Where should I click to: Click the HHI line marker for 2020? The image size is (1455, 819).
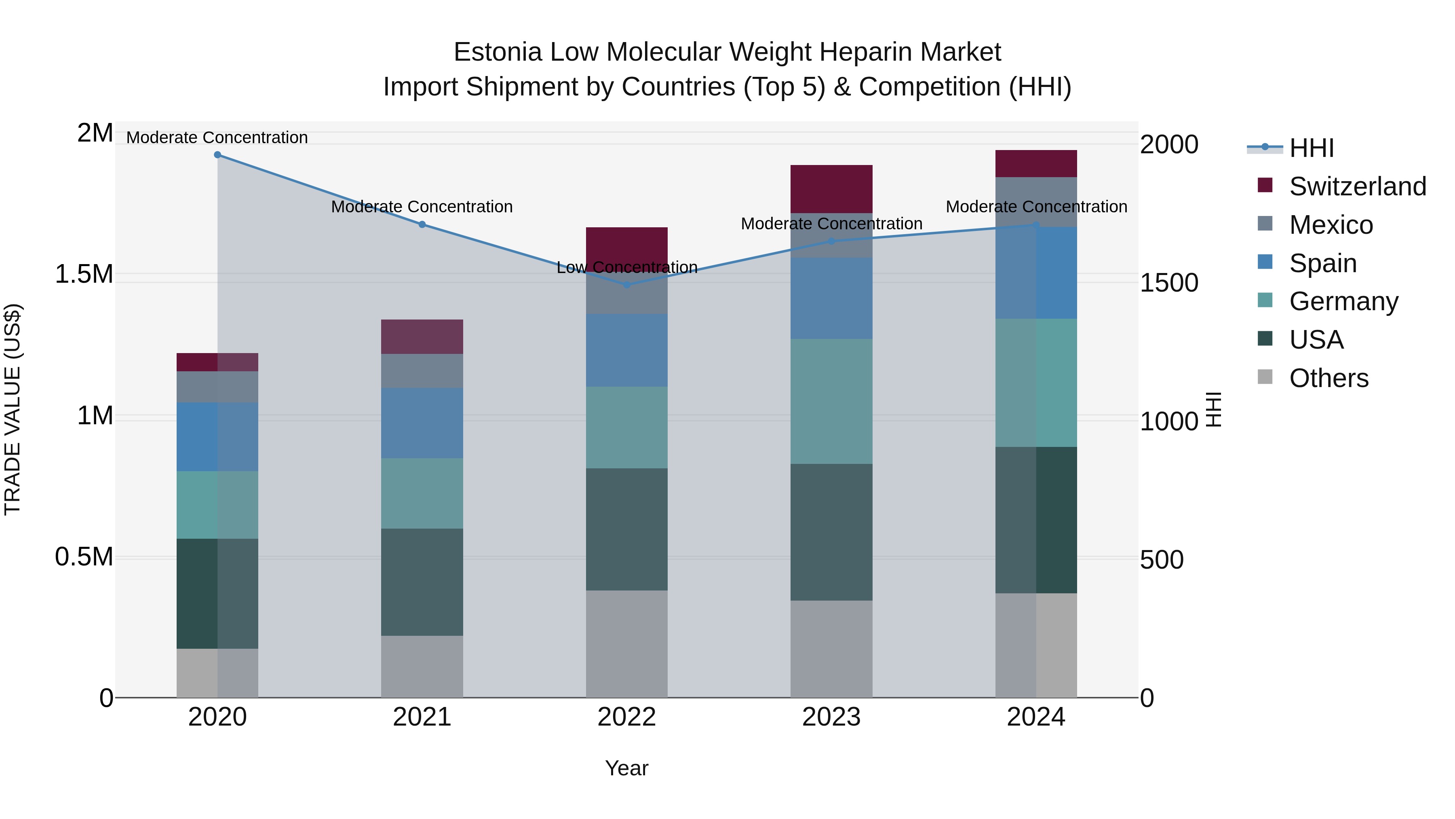(x=217, y=155)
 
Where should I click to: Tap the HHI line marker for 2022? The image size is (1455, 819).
(x=627, y=285)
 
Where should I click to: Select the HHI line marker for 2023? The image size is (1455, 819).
(x=831, y=241)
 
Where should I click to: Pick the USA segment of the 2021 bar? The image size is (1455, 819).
(x=422, y=582)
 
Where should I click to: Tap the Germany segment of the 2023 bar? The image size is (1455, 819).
(x=831, y=401)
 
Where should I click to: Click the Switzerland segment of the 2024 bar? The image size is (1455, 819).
(x=1036, y=164)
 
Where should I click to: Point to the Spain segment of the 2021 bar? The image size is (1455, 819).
(x=422, y=423)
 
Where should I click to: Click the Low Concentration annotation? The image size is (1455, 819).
(x=627, y=267)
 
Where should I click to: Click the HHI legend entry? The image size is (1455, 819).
(x=1310, y=148)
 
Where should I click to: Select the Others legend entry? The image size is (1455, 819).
(x=1328, y=378)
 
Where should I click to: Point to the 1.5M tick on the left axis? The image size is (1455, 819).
(x=84, y=275)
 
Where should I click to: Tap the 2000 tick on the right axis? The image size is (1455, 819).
(x=1168, y=145)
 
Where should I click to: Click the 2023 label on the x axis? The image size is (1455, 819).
(x=831, y=717)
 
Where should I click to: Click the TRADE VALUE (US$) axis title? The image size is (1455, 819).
(x=13, y=409)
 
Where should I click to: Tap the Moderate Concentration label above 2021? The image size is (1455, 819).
(x=422, y=207)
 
